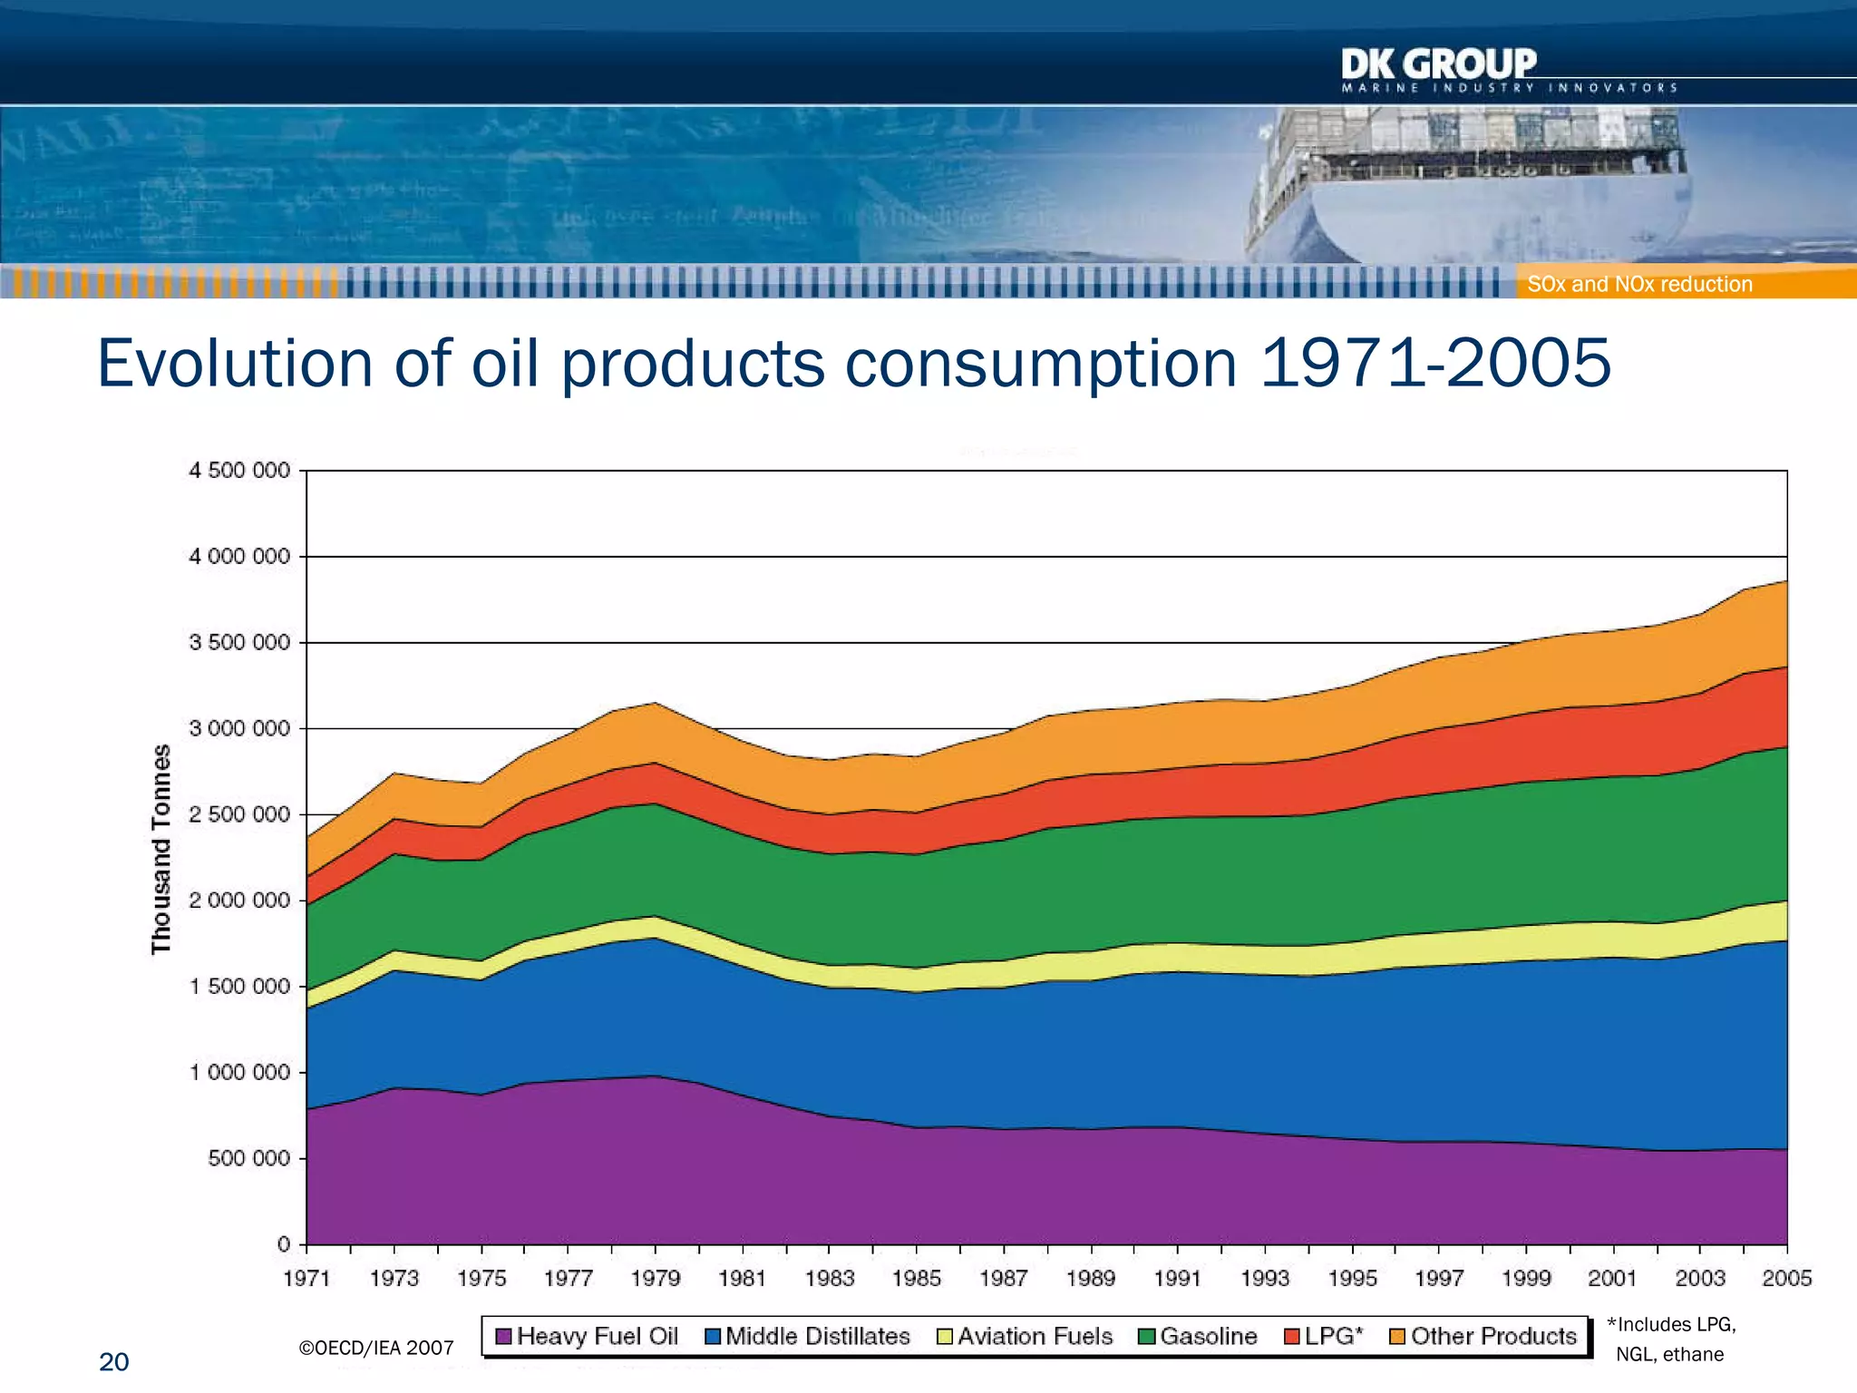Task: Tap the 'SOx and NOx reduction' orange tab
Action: pyautogui.click(x=1639, y=284)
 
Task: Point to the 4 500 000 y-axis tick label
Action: pyautogui.click(x=239, y=471)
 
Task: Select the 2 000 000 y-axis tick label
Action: pyautogui.click(x=239, y=901)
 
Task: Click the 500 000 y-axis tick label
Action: pyautogui.click(x=248, y=1158)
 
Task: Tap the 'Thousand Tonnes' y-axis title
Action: pyautogui.click(x=160, y=849)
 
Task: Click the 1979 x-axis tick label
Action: pyautogui.click(x=655, y=1279)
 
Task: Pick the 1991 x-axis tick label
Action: pyautogui.click(x=1178, y=1279)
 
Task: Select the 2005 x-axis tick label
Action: pyautogui.click(x=1786, y=1279)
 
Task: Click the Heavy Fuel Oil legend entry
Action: pyautogui.click(x=587, y=1336)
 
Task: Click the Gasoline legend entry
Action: pyautogui.click(x=1198, y=1336)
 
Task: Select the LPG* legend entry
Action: pyautogui.click(x=1324, y=1336)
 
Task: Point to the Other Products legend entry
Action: pyautogui.click(x=1483, y=1336)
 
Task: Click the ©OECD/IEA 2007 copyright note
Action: pyautogui.click(x=375, y=1348)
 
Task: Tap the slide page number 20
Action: pyautogui.click(x=113, y=1362)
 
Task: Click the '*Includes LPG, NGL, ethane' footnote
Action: pyautogui.click(x=1670, y=1339)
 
